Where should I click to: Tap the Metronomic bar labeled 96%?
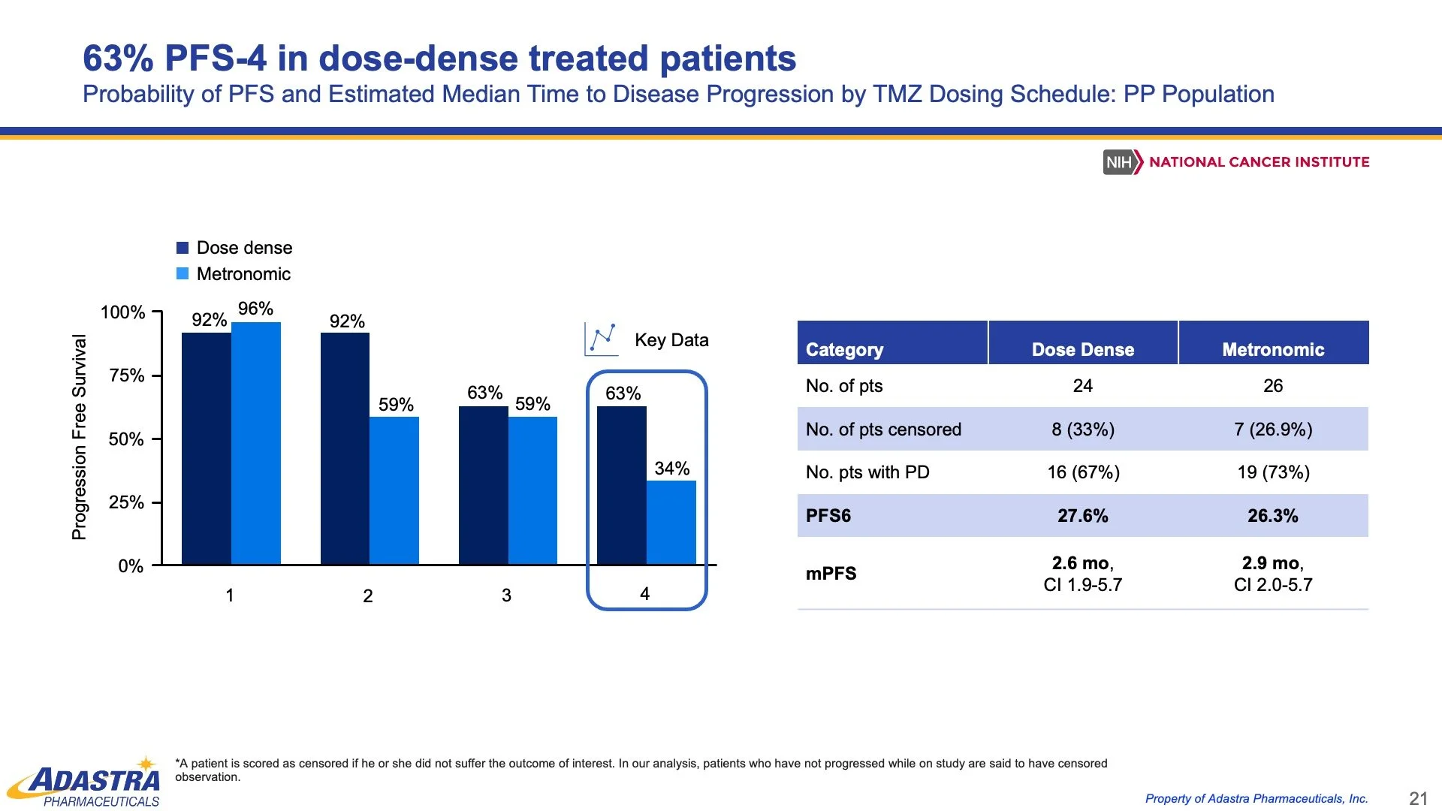point(255,443)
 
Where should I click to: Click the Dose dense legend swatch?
point(183,248)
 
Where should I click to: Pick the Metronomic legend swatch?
point(183,274)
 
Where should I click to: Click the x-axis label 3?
point(506,595)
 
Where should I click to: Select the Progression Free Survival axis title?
point(79,437)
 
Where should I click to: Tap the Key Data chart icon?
point(602,339)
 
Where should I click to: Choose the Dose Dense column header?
point(1082,349)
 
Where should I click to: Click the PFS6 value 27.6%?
point(1082,516)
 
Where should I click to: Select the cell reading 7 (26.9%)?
point(1273,430)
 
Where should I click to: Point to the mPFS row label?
point(831,574)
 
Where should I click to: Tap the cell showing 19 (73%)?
point(1273,472)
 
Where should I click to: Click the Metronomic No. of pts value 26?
point(1273,386)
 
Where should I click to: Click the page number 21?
point(1418,798)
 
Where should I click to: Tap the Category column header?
point(844,349)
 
